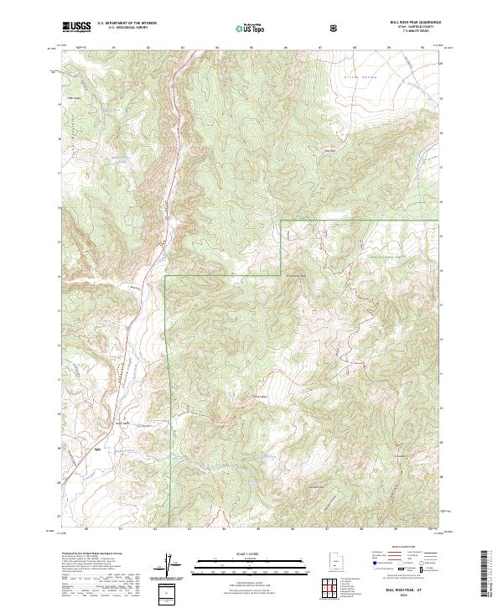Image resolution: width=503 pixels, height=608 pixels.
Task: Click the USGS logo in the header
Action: click(x=76, y=27)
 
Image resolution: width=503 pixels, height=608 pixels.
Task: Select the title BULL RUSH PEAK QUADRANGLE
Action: click(x=408, y=22)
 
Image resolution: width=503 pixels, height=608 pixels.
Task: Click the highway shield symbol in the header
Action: click(x=334, y=27)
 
